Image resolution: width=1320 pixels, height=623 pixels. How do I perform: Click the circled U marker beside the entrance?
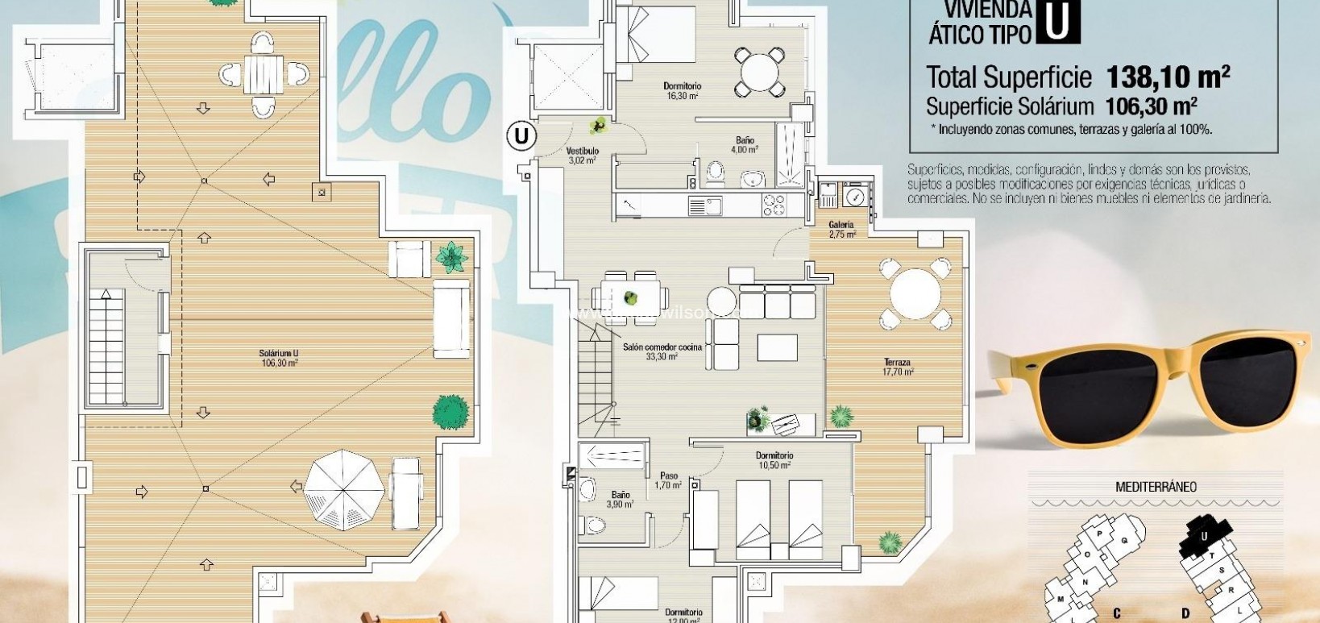pos(521,136)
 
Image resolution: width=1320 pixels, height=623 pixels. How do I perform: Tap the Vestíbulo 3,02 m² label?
pos(581,156)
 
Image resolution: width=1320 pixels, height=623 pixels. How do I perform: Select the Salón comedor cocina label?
pos(662,351)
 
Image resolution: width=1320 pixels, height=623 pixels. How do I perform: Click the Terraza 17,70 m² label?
pos(897,368)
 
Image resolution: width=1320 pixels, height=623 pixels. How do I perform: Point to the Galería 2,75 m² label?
pos(841,230)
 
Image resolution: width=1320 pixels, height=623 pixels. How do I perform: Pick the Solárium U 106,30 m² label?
pos(279,358)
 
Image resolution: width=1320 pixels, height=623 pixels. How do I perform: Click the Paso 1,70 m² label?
pos(668,480)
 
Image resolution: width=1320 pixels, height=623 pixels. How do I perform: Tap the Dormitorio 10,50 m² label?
pos(774,460)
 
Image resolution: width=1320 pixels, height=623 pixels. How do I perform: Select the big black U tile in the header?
pos(1057,22)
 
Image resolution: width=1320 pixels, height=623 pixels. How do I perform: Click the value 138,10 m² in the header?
pos(1168,77)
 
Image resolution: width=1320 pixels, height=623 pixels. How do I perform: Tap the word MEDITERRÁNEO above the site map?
pos(1156,487)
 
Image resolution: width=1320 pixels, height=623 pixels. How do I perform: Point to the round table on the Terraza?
pos(915,293)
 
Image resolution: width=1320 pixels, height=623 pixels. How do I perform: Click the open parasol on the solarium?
pos(344,489)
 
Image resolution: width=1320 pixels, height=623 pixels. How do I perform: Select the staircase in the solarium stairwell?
pos(106,347)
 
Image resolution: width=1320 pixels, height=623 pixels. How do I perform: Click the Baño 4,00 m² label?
pos(744,145)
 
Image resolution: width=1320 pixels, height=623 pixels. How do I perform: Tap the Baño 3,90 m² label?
pos(621,500)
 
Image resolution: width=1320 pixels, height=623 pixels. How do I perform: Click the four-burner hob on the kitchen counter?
pos(774,205)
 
